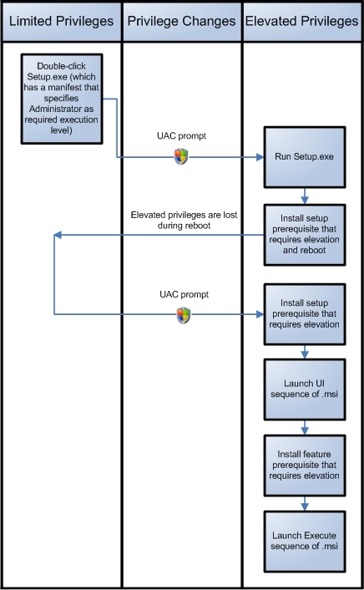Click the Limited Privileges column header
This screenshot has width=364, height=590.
coord(61,22)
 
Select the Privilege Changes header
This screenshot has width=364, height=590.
coord(182,22)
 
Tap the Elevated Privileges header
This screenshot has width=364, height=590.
coord(302,22)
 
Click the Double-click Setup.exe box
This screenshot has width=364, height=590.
coord(62,99)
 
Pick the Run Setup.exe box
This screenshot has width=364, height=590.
coord(304,157)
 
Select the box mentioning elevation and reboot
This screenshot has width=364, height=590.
coord(304,235)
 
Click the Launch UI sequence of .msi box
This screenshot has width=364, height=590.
coord(304,389)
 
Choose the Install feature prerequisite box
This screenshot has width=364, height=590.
coord(304,465)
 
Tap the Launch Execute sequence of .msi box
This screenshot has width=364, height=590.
coord(304,541)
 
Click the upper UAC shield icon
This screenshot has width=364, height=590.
coord(181,156)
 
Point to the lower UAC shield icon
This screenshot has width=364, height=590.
coord(184,315)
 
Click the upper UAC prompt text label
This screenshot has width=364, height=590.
coord(182,136)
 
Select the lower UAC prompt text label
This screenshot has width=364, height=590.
coord(184,294)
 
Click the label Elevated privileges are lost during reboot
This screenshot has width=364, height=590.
coord(184,220)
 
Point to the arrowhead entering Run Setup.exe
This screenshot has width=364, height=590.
coord(260,157)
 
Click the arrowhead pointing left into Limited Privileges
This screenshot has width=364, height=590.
coord(58,235)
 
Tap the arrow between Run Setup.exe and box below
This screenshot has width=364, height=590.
coord(305,196)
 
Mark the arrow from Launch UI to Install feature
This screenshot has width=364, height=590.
coord(305,427)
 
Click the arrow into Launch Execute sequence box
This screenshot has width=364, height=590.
coord(305,503)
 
